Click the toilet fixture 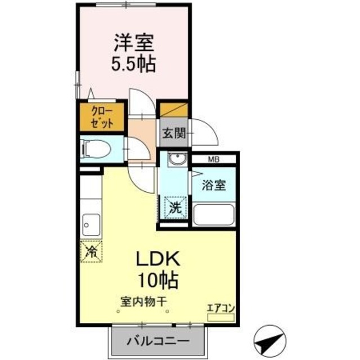(94, 149)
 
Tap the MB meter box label (214, 160)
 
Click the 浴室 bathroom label (215, 186)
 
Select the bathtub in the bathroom (213, 214)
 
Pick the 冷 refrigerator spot (91, 250)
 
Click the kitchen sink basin (90, 225)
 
